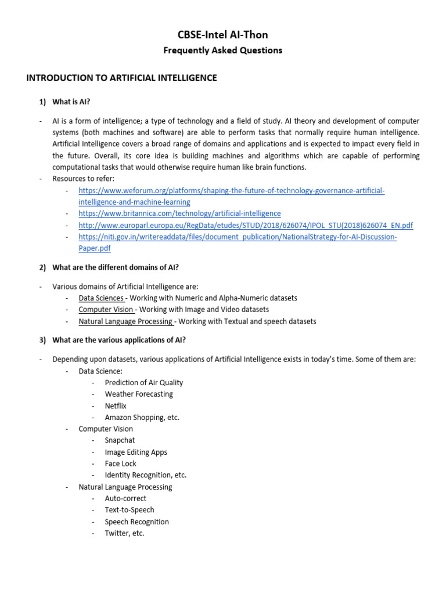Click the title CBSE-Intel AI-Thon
(223, 35)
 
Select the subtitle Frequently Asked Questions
(223, 50)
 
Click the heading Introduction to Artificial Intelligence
(121, 78)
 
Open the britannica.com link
(179, 213)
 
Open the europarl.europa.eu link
(246, 225)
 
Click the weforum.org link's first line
(231, 191)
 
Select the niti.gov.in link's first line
(238, 237)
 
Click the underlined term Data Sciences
(101, 298)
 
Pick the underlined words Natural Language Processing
(125, 321)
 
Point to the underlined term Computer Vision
(106, 310)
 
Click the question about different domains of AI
(116, 267)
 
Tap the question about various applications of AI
(119, 340)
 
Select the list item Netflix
(116, 406)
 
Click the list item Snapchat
(120, 440)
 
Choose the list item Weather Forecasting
(139, 394)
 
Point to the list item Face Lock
(121, 463)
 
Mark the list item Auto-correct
(125, 498)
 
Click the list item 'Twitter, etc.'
(124, 533)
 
